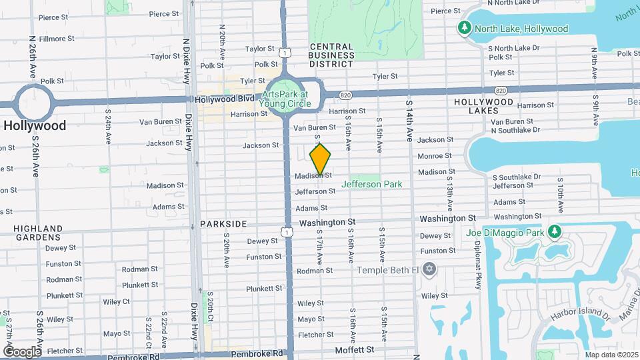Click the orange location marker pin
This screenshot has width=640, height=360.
tap(321, 159)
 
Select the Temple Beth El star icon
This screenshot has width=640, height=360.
tap(429, 269)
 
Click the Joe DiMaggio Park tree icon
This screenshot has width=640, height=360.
tap(554, 232)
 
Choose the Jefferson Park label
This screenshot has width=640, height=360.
tap(372, 184)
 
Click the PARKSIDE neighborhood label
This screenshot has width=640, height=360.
tap(224, 225)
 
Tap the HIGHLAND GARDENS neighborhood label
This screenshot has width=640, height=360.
tap(38, 233)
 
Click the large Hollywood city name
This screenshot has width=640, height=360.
tap(35, 125)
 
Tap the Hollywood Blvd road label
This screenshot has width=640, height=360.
tap(225, 99)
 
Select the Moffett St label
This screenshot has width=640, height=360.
tap(355, 349)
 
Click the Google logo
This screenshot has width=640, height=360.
tap(21, 351)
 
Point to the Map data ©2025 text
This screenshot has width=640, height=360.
tap(612, 355)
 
